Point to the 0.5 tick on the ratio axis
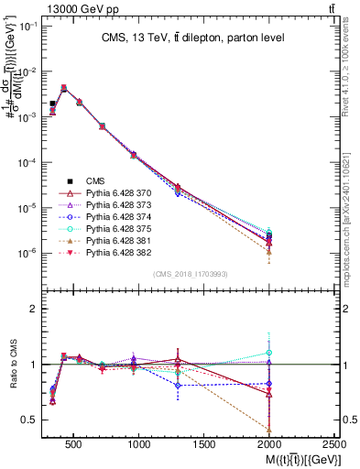(30, 420)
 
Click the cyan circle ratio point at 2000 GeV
(269, 352)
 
